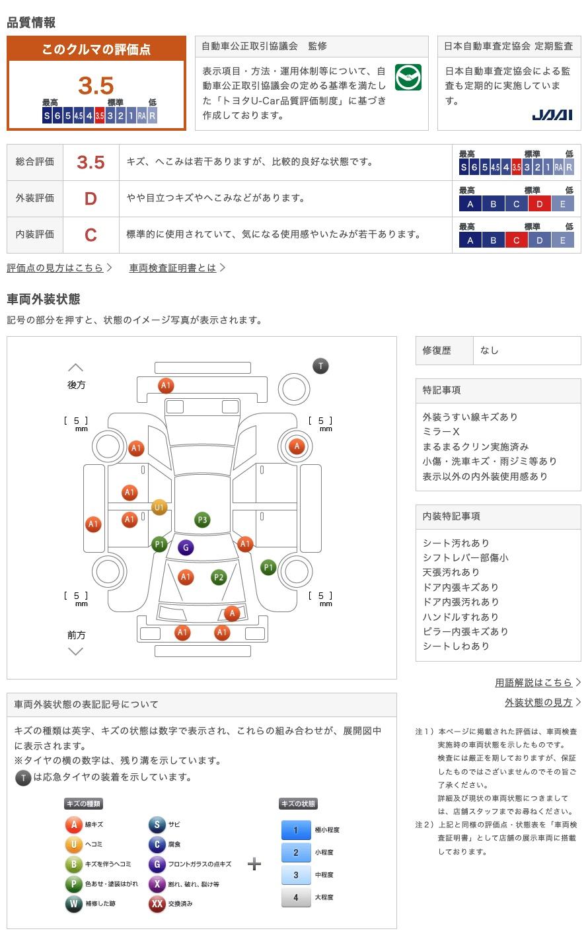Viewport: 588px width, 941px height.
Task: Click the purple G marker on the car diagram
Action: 186,547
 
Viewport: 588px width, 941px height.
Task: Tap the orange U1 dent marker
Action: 159,507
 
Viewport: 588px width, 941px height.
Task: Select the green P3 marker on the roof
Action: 202,520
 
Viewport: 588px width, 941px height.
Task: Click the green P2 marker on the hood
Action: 219,577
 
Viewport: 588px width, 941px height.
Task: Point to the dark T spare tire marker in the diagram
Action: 320,366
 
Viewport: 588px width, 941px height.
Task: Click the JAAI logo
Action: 552,116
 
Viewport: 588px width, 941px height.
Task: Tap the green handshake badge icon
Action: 408,78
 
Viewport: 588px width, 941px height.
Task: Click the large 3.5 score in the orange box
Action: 96,85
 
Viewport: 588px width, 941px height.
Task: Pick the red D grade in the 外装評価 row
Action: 91,198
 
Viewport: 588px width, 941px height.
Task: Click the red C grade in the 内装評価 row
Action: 91,234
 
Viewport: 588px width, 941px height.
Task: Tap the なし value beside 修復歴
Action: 490,350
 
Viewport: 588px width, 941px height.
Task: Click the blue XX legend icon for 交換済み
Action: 157,903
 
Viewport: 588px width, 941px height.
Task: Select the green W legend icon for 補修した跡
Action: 73,903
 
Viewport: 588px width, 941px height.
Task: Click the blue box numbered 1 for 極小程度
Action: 295,830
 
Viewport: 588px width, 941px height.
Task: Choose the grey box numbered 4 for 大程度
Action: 295,897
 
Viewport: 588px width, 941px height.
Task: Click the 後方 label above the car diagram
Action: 76,384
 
